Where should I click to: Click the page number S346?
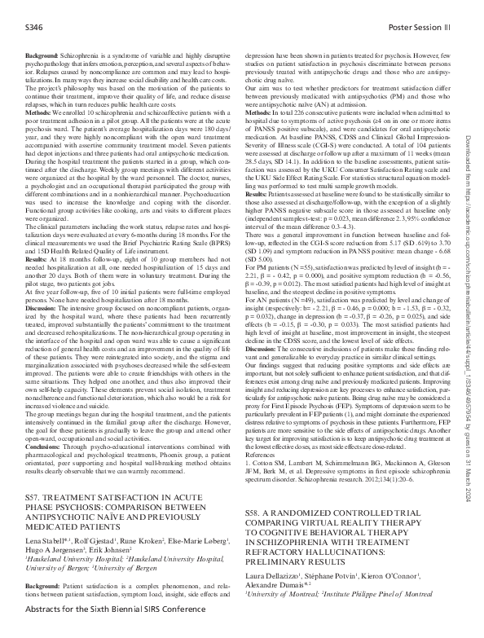coord(34,27)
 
